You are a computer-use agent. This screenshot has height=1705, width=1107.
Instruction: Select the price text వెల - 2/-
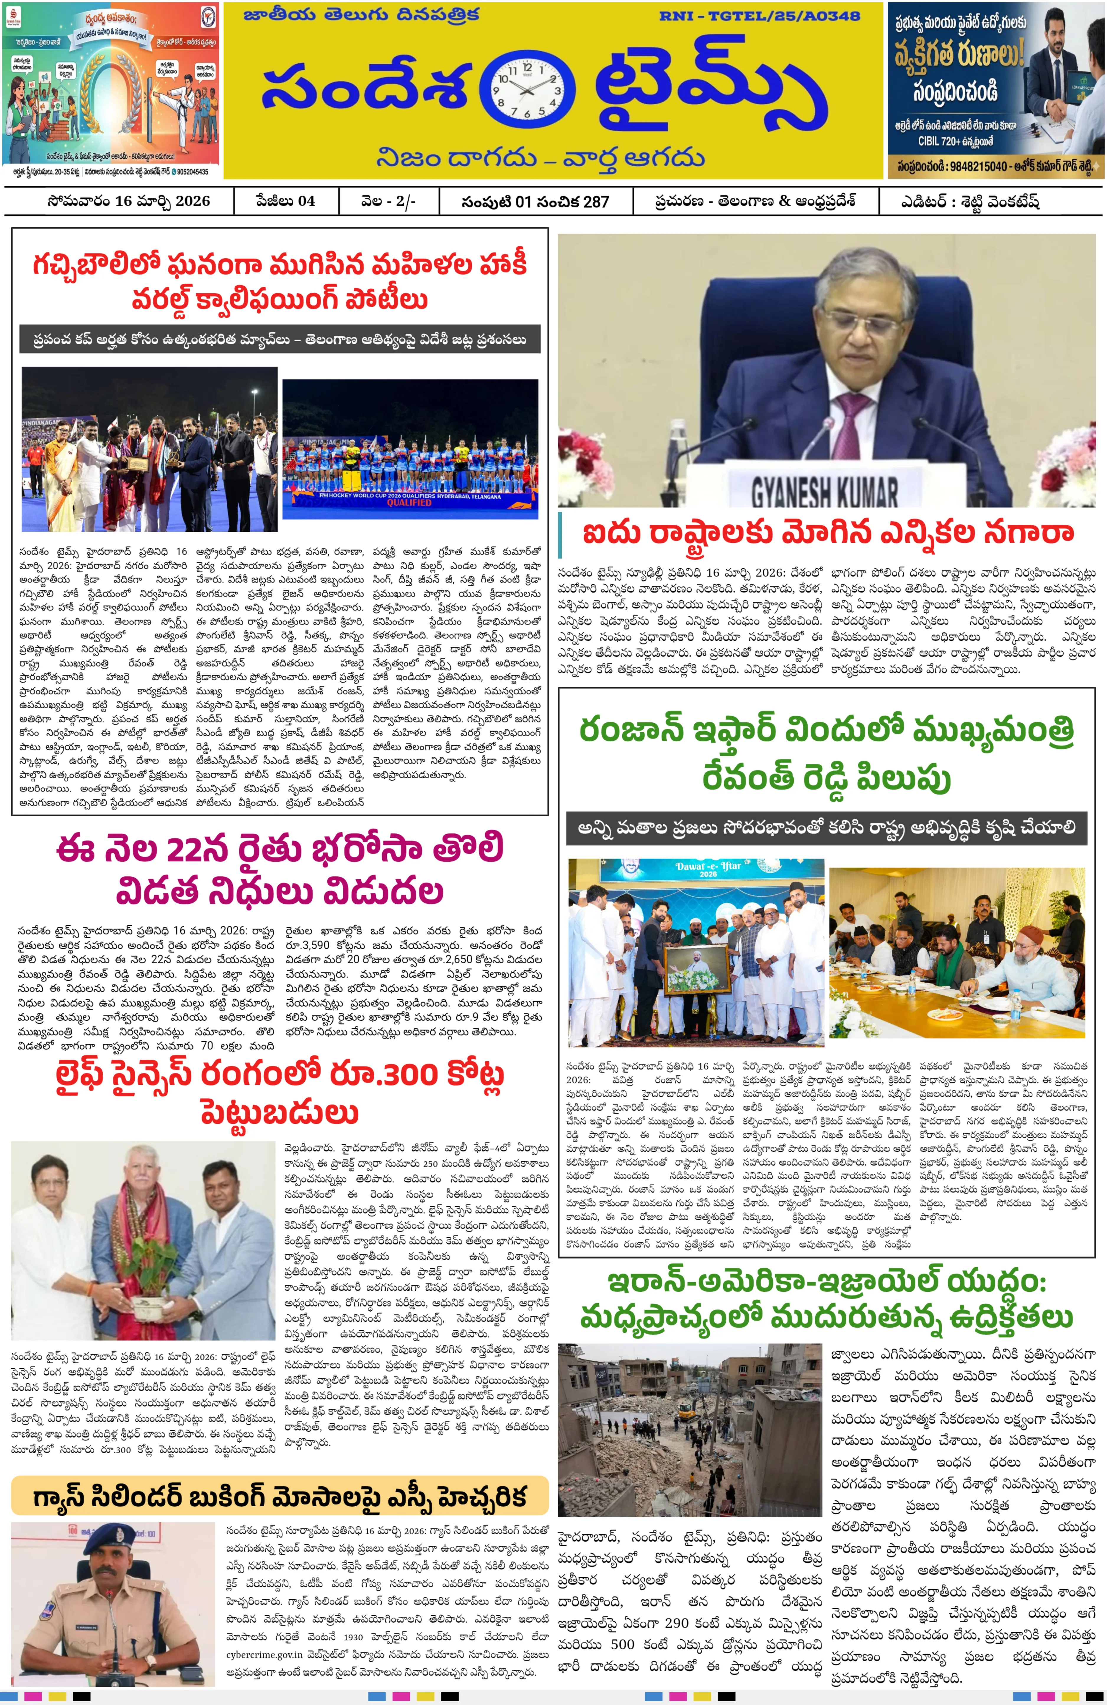coord(388,201)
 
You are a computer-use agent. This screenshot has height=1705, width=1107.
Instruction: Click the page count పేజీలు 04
coord(285,201)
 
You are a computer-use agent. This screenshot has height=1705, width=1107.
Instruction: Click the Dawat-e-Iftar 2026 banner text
coord(706,870)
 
